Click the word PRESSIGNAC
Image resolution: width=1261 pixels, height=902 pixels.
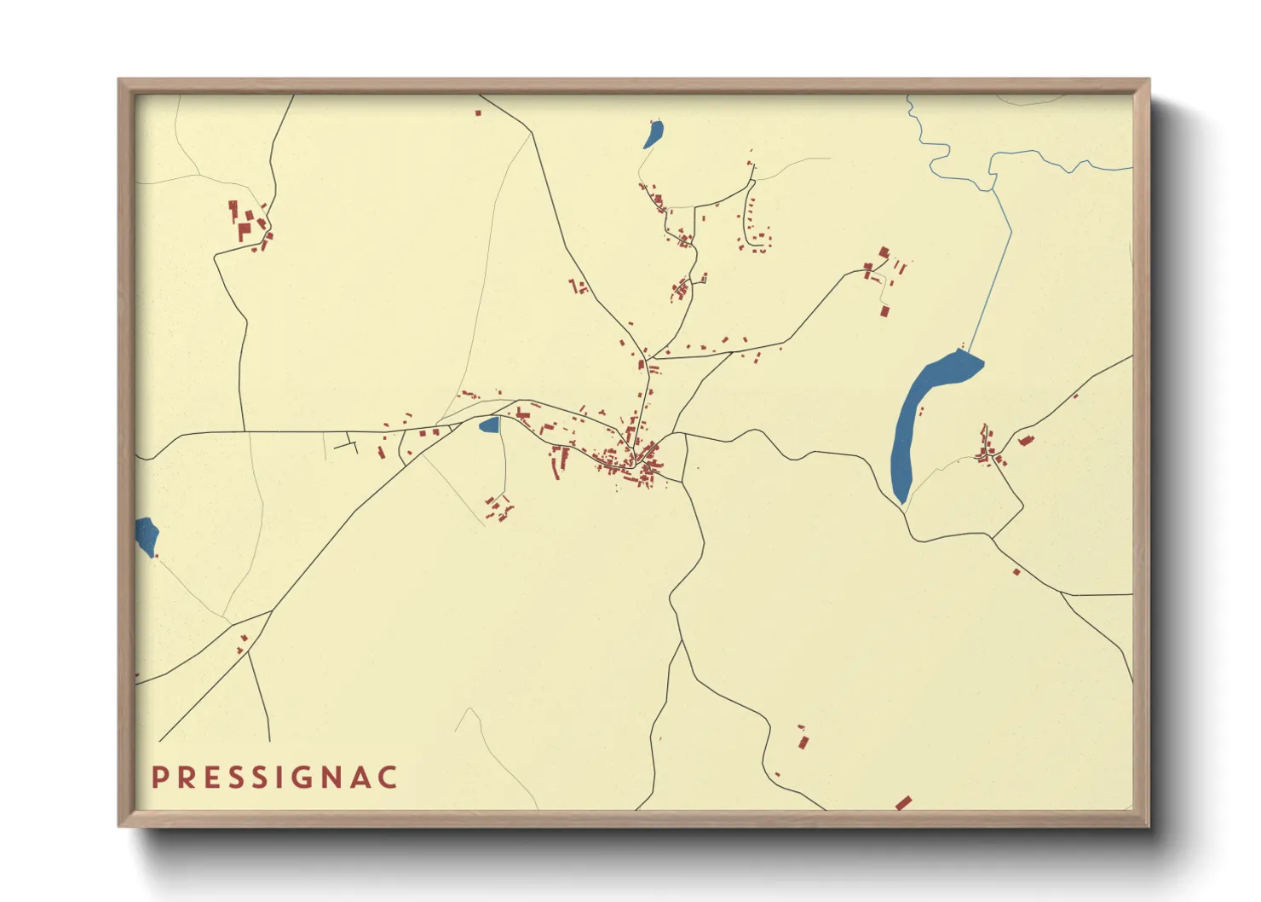click(274, 778)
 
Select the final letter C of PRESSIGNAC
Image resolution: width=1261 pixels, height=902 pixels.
click(388, 778)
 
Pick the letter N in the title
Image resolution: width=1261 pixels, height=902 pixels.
click(333, 778)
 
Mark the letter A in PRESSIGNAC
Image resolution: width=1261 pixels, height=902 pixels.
click(361, 778)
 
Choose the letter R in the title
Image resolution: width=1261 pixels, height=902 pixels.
click(186, 778)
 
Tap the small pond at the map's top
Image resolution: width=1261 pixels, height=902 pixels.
click(654, 134)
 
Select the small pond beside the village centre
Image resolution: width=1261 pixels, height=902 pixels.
click(489, 425)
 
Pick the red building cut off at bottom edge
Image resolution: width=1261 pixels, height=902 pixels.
click(903, 803)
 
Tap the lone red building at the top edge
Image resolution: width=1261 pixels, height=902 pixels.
click(478, 112)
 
